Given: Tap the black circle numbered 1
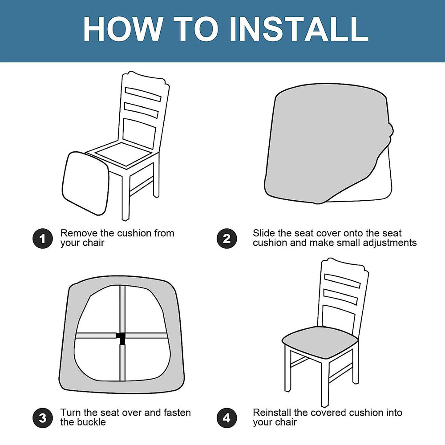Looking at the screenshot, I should pos(43,239).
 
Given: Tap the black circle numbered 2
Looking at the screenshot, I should pos(227,239).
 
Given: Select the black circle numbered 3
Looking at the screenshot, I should pos(43,418).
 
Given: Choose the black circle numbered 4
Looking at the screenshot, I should pos(227,418).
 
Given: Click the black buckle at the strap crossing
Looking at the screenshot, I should pos(121,337).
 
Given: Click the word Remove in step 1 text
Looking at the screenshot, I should pos(76,233).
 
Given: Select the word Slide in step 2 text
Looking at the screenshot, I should pos(263,233).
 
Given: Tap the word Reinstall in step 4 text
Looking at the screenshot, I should pos(273,413).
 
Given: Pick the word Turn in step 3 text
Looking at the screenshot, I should pos(70,413).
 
